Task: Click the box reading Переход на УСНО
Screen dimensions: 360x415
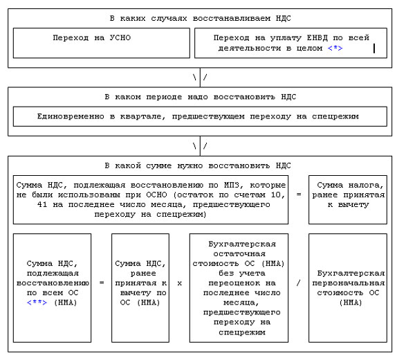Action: click(101, 42)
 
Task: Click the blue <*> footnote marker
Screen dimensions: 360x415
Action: click(335, 48)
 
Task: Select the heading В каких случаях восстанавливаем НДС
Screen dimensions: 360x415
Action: click(200, 16)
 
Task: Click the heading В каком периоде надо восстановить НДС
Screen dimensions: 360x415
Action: click(200, 96)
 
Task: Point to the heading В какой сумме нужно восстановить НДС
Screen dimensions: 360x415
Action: click(200, 165)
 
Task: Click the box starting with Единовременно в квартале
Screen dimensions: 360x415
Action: click(200, 116)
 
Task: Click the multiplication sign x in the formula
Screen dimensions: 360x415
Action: click(179, 283)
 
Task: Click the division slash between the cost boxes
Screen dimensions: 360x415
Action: click(298, 283)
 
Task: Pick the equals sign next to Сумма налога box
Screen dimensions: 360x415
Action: click(298, 195)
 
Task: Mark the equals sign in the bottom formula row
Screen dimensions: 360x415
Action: click(101, 283)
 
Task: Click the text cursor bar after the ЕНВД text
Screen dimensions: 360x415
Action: click(374, 48)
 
